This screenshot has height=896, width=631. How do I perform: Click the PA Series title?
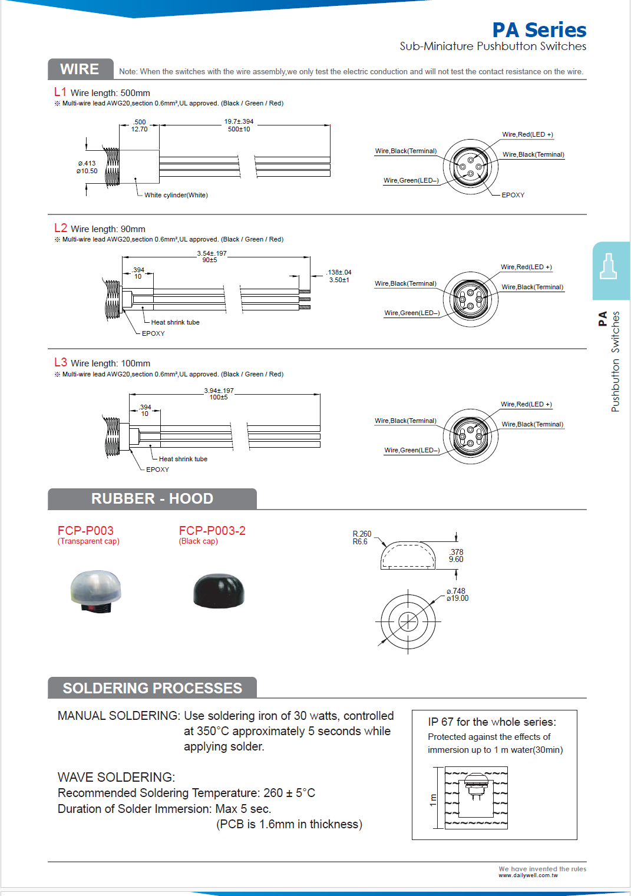[x=539, y=30]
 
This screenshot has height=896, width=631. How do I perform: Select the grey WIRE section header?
[x=80, y=70]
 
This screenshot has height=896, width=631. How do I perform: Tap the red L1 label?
[x=60, y=92]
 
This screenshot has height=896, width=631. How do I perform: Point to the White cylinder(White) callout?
[x=176, y=195]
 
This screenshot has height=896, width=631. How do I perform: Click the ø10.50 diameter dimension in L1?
[x=87, y=171]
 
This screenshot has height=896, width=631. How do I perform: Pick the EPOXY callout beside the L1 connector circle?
[x=513, y=195]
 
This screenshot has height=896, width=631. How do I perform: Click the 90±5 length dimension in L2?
[x=210, y=260]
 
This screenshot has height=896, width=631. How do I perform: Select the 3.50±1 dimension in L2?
[x=339, y=280]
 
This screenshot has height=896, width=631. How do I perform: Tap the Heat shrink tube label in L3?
[x=183, y=459]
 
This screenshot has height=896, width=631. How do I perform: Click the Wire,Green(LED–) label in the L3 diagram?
[x=412, y=450]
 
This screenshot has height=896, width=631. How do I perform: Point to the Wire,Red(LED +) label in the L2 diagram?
[x=526, y=267]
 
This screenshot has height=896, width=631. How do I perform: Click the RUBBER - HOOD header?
[x=152, y=499]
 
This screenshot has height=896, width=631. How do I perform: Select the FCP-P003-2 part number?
[x=212, y=531]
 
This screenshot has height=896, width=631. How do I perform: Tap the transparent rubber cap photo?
[x=95, y=591]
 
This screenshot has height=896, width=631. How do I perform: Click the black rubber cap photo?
[x=219, y=590]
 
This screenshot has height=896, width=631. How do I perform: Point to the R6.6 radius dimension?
[x=360, y=542]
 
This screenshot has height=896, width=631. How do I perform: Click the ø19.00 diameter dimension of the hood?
[x=457, y=599]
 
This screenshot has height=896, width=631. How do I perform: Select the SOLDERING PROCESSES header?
[x=152, y=688]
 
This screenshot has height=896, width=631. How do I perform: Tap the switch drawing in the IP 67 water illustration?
[x=475, y=787]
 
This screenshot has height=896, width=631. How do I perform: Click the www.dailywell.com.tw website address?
[x=528, y=875]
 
